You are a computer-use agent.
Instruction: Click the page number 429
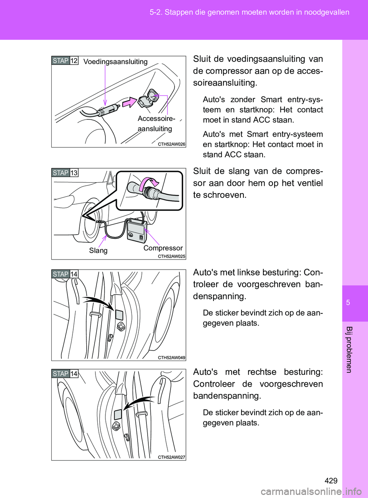coord(330,481)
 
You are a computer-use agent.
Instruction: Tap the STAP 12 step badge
coord(65,61)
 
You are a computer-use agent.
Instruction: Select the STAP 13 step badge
coord(65,173)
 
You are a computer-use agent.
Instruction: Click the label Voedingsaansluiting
coord(115,62)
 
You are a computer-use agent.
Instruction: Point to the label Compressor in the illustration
coord(163,248)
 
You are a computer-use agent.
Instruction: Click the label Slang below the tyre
coord(98,250)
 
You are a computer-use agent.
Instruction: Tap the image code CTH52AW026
coord(171,144)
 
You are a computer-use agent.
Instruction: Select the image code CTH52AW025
coord(171,256)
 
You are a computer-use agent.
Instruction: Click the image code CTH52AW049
coord(171,358)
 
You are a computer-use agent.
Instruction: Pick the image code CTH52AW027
coord(171,457)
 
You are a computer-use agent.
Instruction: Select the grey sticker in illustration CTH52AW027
coord(118,415)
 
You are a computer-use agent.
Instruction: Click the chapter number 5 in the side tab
coord(348,303)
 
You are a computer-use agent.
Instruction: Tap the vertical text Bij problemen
coord(348,349)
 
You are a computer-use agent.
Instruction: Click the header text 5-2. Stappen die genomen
coord(249,12)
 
